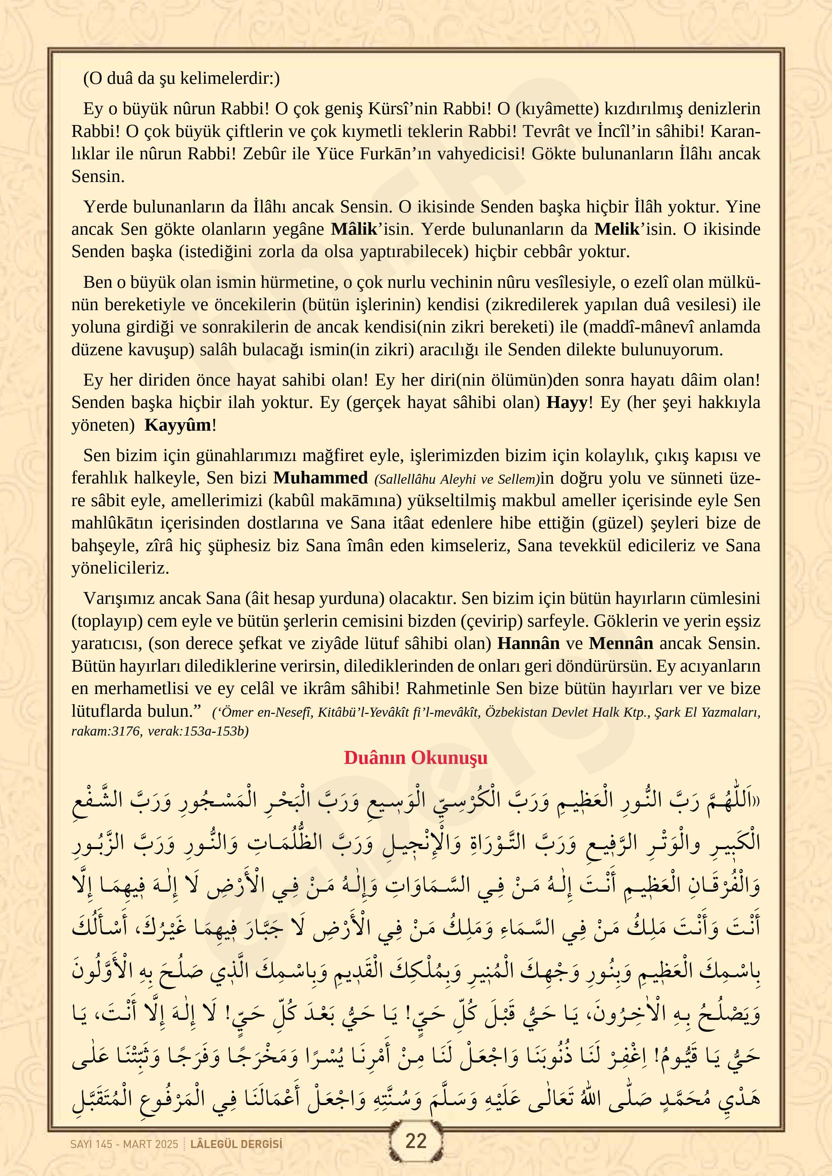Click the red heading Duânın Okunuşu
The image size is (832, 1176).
tap(415, 758)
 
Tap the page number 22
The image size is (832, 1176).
tap(415, 1141)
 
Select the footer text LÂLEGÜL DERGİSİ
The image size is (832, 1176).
tap(236, 1144)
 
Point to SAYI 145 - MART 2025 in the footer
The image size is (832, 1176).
tap(124, 1144)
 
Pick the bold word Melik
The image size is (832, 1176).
tap(617, 229)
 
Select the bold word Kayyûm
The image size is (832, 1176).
tap(177, 425)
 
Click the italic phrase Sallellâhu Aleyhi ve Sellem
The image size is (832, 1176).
tap(457, 480)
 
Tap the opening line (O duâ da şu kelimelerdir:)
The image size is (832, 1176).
tap(181, 78)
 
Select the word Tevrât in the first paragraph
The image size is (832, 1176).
tap(547, 131)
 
